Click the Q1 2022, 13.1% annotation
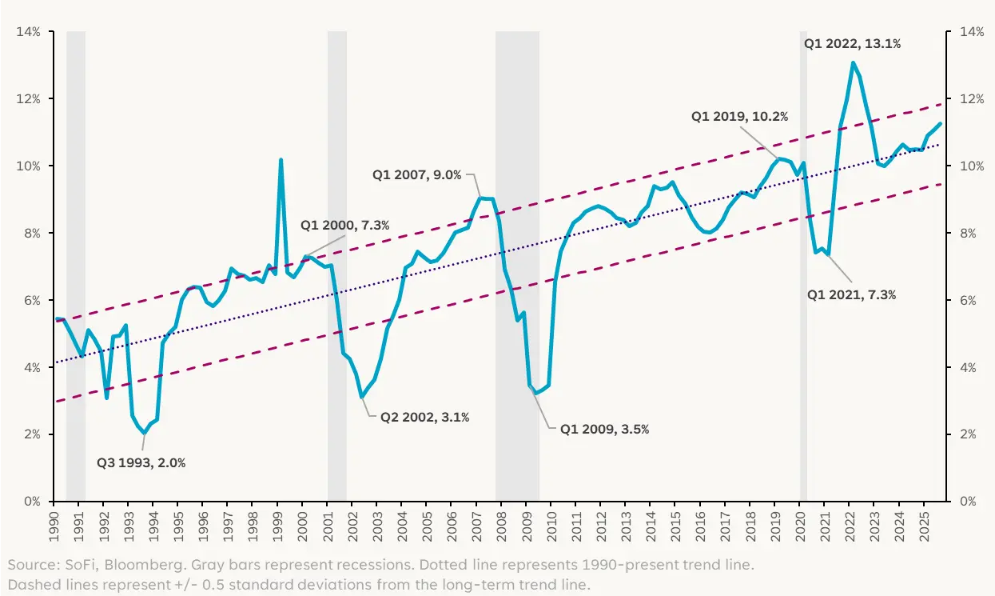[852, 44]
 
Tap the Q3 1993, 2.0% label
[141, 462]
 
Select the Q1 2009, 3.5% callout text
[604, 429]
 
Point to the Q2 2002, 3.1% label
[424, 417]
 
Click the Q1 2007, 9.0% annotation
[416, 174]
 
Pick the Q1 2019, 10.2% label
[739, 116]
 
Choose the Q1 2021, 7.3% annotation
[851, 294]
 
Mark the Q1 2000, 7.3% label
[344, 226]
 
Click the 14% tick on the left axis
[30, 32]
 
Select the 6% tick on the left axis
[33, 301]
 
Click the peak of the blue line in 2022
[854, 62]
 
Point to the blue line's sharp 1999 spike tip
[281, 160]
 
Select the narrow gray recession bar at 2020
[803, 264]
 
